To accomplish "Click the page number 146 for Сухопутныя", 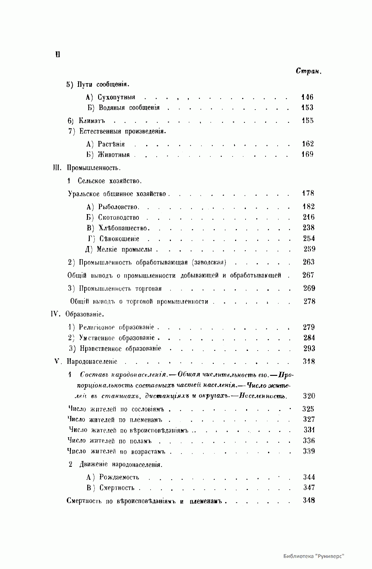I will click(307, 97).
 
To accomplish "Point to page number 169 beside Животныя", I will click(308, 154).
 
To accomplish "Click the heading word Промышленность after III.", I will click(93, 168).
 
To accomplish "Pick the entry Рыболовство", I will click(119, 207).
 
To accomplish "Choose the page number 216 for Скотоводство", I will click(308, 217).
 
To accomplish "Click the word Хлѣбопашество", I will click(124, 228).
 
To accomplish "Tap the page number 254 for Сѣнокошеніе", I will click(308, 239).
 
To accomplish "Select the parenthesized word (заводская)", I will click(209, 263).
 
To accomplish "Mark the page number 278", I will click(309, 301).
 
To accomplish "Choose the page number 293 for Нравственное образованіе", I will click(309, 349).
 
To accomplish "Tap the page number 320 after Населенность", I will click(309, 396).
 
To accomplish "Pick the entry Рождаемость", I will click(119, 477).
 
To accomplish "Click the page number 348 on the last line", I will click(309, 500).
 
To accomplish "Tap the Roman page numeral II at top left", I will click(57, 55).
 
